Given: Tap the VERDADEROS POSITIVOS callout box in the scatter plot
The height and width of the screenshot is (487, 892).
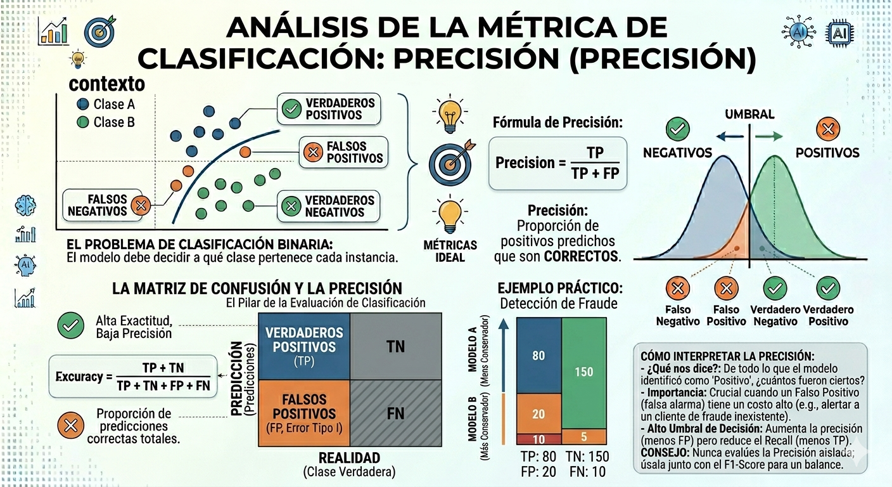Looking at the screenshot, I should pos(329,109).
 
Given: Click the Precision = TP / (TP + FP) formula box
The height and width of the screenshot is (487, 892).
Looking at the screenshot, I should pos(557,163).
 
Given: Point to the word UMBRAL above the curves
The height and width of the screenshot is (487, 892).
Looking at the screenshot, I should pos(749,115).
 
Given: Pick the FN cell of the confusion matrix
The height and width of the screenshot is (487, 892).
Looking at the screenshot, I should pos(395,414).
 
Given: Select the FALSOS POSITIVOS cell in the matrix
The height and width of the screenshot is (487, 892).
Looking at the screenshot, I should pos(305,414).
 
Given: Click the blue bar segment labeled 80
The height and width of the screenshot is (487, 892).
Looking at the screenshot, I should pos(538,355).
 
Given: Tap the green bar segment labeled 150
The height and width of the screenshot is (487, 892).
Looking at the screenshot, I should pos(583,372).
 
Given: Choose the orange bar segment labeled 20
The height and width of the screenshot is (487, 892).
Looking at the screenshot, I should pos(538,413).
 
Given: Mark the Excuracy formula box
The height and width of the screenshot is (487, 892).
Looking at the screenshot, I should pos(132,377).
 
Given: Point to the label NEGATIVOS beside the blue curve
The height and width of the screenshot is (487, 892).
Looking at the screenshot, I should pos(677,153).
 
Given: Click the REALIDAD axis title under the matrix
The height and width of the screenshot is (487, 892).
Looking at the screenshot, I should pos(349,458).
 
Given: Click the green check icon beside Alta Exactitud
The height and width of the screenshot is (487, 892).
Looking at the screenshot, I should pos(70,326).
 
